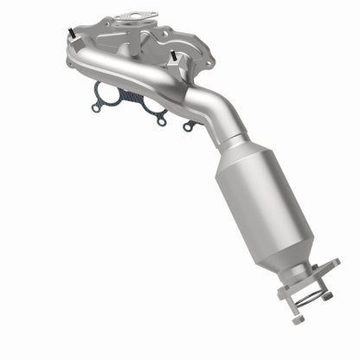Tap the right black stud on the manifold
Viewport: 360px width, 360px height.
tap(175, 57)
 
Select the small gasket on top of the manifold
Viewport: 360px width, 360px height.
tap(139, 16)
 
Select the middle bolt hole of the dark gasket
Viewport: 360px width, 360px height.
tap(161, 121)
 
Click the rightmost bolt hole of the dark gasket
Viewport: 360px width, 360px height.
tap(188, 127)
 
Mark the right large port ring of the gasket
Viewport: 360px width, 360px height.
tap(154, 106)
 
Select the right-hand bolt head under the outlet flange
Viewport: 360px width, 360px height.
tap(328, 296)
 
